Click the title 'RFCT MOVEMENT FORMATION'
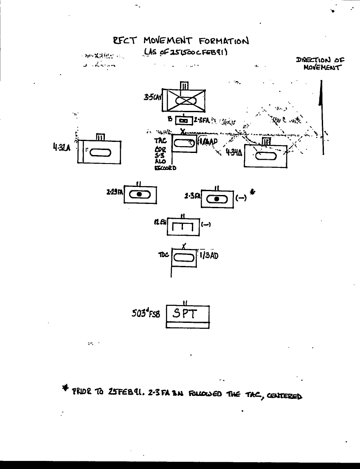(180, 41)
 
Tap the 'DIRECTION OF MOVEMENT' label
(320, 64)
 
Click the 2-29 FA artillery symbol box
(141, 194)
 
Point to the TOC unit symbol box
(184, 257)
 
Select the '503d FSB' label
(146, 315)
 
